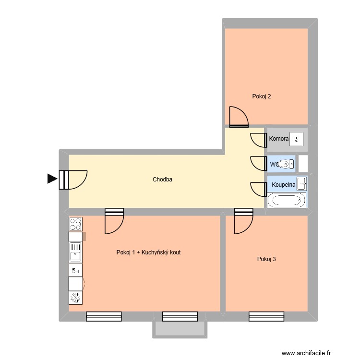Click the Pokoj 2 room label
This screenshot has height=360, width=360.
pos(262,96)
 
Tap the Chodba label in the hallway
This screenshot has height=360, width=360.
pos(162,180)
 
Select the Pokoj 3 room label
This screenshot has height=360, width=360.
pos(266,259)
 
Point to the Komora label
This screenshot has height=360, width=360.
pos(279,139)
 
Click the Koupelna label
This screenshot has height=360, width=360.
pos(283,184)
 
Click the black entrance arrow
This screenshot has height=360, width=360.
pos(52,179)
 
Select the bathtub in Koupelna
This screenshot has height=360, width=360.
pos(287,200)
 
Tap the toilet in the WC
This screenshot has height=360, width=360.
pos(287,164)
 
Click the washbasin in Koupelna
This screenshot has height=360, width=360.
pos(302,183)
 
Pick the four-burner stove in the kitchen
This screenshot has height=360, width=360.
pos(76,224)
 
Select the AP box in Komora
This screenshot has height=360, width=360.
pos(296,139)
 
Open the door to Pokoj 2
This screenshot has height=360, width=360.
pos(239,118)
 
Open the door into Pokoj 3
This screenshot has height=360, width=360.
pos(243,221)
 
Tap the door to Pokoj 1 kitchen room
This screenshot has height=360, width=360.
pos(114,221)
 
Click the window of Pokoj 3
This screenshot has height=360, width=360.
pos(266,316)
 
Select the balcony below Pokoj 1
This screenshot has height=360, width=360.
pos(180,329)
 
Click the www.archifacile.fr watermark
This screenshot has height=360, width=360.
pos(306,353)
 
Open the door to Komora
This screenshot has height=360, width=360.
pos(259,140)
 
